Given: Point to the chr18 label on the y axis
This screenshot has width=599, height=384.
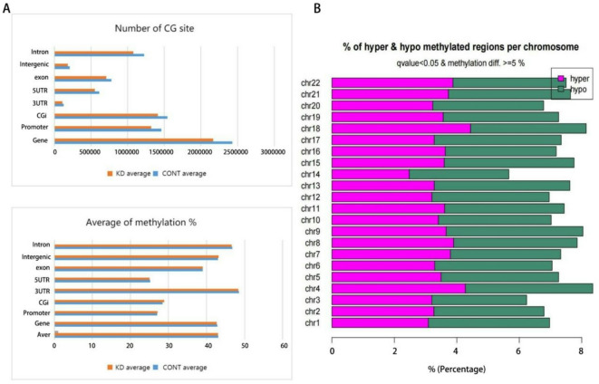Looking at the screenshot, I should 313,128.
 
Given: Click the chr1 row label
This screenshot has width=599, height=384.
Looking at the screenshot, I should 314,322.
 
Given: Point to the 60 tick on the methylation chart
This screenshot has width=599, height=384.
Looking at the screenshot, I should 284,345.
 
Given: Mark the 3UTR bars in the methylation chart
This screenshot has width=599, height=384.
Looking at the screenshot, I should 146,291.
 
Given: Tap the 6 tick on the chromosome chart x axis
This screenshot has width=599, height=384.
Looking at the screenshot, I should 518,350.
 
